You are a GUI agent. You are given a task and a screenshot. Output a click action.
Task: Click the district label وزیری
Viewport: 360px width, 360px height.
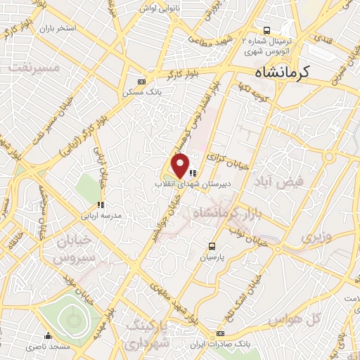[315, 236]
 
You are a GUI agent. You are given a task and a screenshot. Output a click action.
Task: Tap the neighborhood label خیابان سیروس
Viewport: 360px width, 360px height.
[75, 252]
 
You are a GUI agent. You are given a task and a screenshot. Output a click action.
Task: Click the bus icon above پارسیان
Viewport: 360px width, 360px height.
[212, 245]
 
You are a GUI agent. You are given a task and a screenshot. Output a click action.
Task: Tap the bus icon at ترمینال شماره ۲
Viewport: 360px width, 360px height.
[266, 30]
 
